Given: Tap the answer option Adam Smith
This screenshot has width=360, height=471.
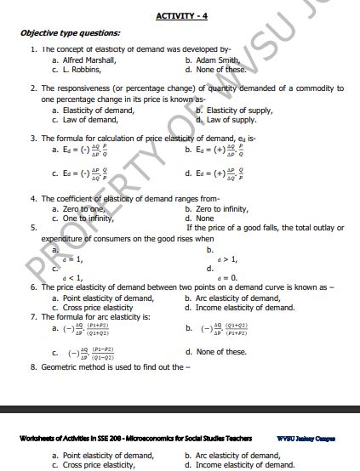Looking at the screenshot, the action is coord(218,60).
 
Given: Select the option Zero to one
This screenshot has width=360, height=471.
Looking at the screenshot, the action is coord(82,208).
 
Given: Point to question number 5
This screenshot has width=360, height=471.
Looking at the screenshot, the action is coord(33,228).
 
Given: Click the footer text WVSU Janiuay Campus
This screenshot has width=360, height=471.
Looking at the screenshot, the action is coord(306,439).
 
